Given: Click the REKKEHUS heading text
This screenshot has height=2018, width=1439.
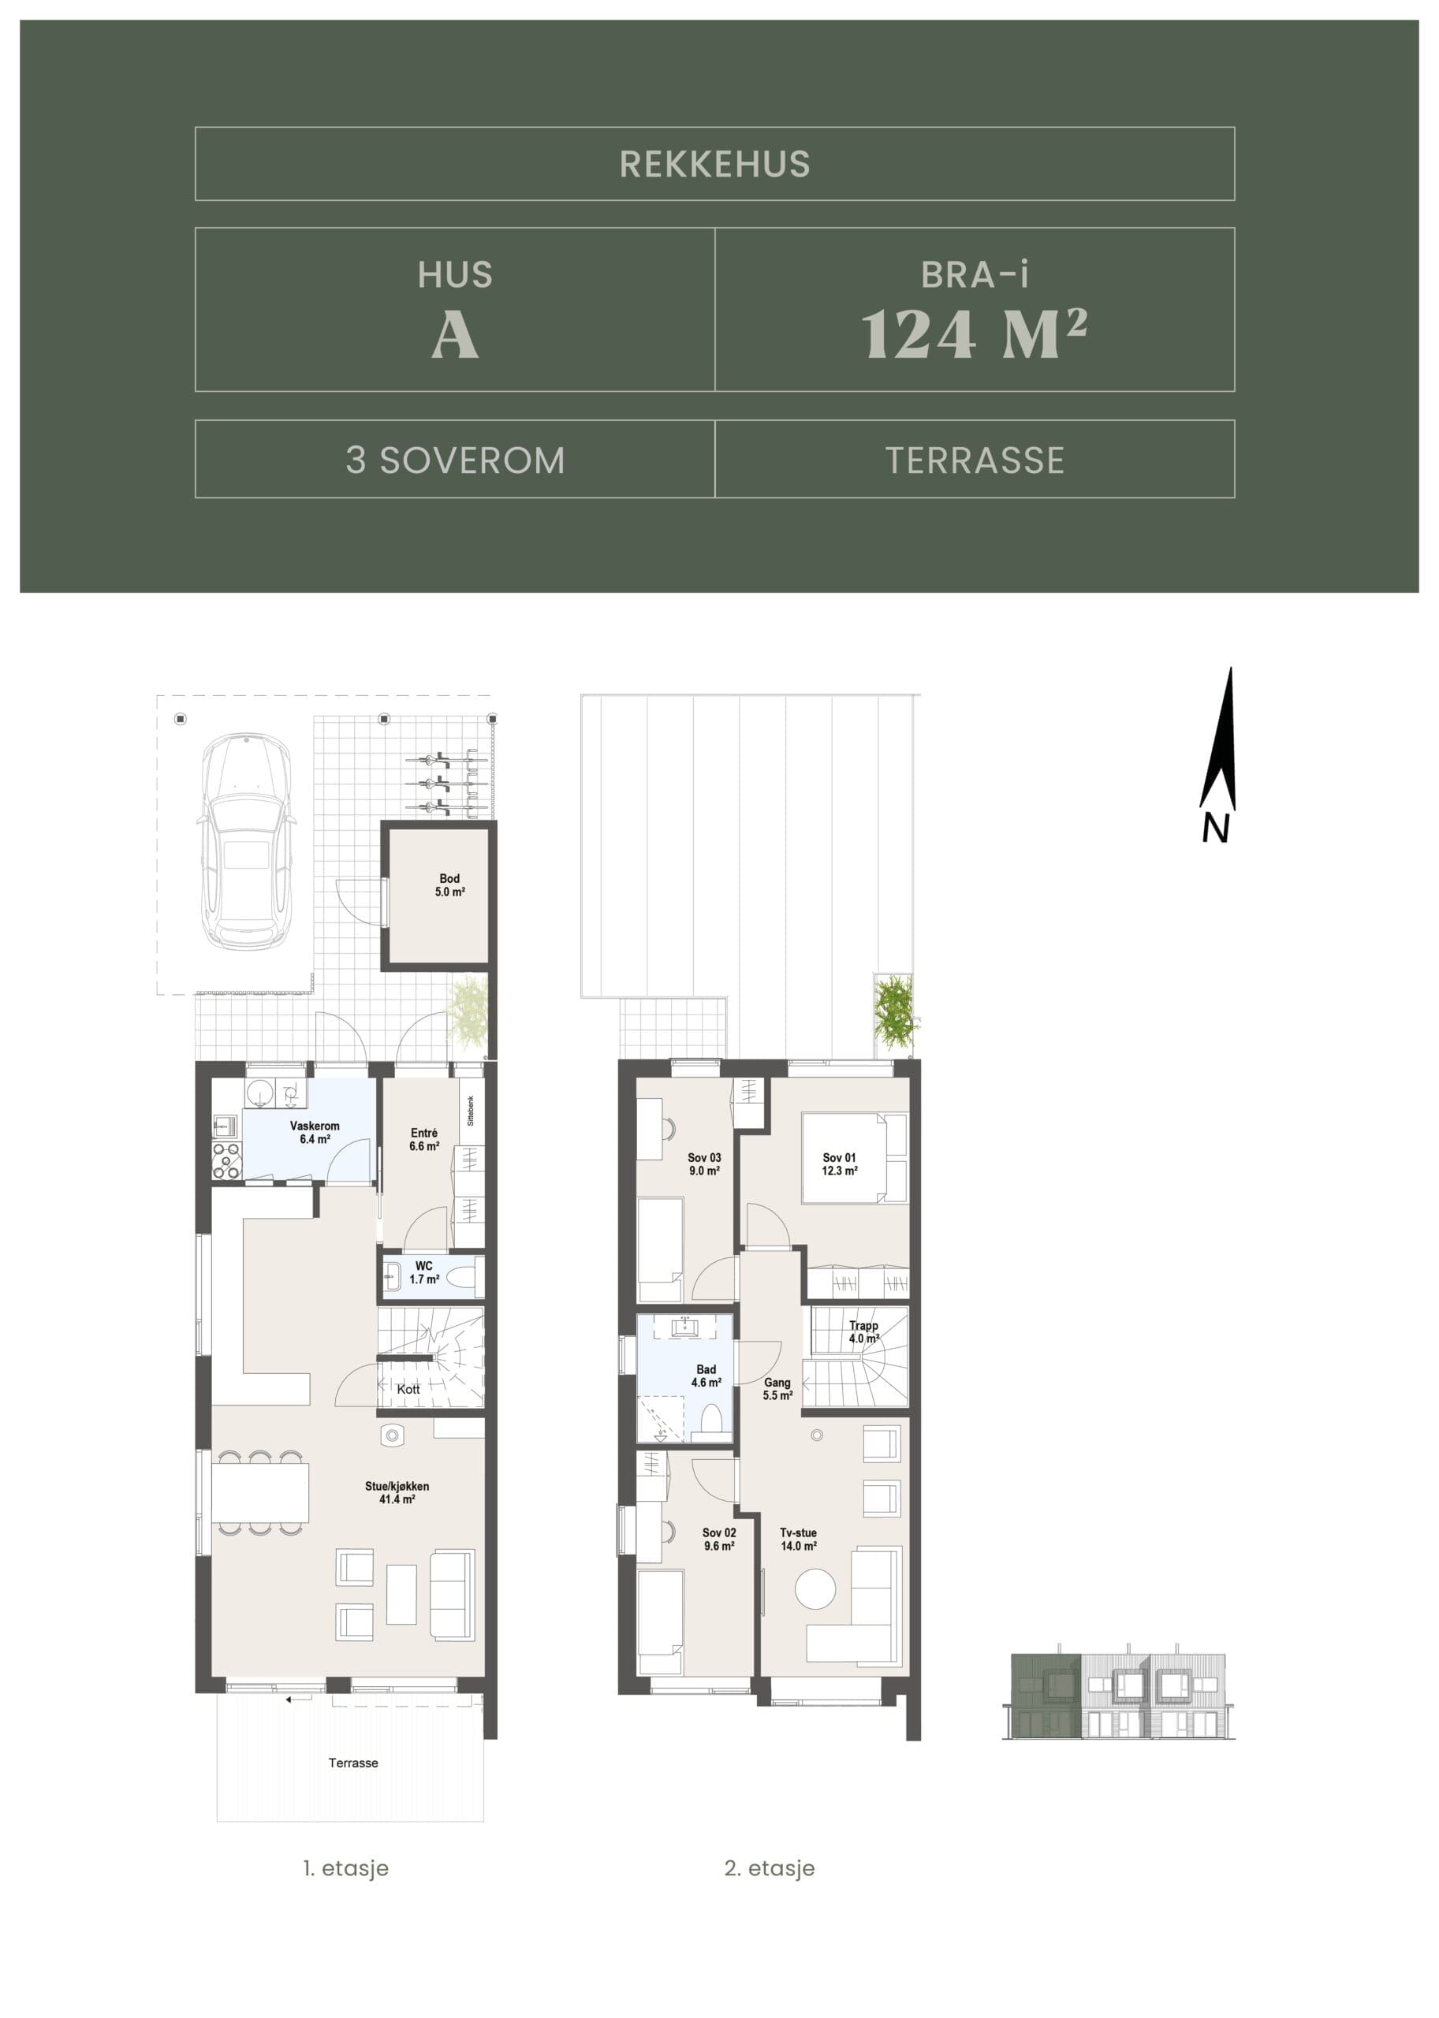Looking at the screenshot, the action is [714, 164].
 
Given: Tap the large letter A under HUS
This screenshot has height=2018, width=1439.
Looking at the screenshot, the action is [456, 336].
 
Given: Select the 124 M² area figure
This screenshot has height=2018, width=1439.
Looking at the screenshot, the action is [975, 334].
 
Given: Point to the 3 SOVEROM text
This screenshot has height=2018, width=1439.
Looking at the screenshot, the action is [456, 460].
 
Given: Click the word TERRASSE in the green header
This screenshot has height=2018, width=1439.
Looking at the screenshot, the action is [975, 460].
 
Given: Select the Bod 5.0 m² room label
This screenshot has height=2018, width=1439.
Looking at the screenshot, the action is [450, 885].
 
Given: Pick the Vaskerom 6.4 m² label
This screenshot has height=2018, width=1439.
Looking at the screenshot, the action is [315, 1132].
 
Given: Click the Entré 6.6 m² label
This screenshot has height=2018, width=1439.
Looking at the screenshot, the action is [424, 1139].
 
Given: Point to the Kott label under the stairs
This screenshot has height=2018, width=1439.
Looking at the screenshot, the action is [408, 1389].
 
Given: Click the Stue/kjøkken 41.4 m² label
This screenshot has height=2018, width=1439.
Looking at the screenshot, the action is [397, 1493].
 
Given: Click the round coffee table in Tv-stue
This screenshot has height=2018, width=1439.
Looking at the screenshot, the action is [815, 1589].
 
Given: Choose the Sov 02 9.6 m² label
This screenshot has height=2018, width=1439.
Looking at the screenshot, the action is [719, 1539].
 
